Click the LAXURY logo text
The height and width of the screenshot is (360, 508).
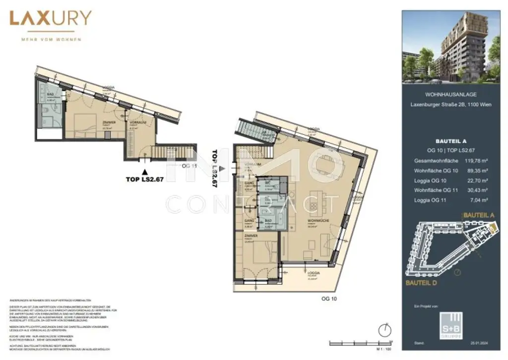(50, 19)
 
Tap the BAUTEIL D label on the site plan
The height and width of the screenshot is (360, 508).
(421, 283)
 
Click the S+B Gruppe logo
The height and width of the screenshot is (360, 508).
(454, 323)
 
